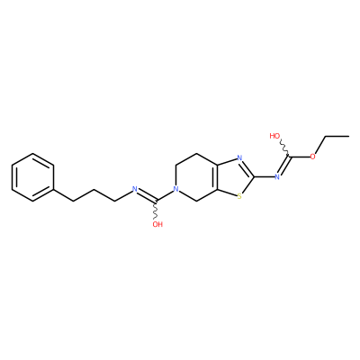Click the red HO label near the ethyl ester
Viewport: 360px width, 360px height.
click(x=274, y=136)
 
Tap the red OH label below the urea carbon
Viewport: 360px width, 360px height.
click(x=157, y=224)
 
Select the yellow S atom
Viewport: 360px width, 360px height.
click(x=239, y=197)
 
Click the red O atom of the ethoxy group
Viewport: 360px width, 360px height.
click(x=312, y=157)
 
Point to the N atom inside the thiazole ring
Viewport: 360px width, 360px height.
click(x=239, y=157)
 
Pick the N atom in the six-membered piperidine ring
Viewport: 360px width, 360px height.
click(x=176, y=189)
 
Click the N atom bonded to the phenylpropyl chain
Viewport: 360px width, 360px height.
click(x=135, y=189)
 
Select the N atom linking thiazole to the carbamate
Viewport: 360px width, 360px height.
click(x=277, y=177)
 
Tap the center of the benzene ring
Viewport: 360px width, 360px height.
click(x=32, y=177)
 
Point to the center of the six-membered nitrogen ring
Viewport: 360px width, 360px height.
click(x=197, y=177)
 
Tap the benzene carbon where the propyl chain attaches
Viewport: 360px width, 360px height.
click(x=54, y=189)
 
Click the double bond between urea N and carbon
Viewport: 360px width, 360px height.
click(x=147, y=194)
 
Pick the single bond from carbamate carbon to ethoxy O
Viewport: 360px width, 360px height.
click(x=300, y=157)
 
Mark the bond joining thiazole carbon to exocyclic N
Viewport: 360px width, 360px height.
click(x=265, y=177)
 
